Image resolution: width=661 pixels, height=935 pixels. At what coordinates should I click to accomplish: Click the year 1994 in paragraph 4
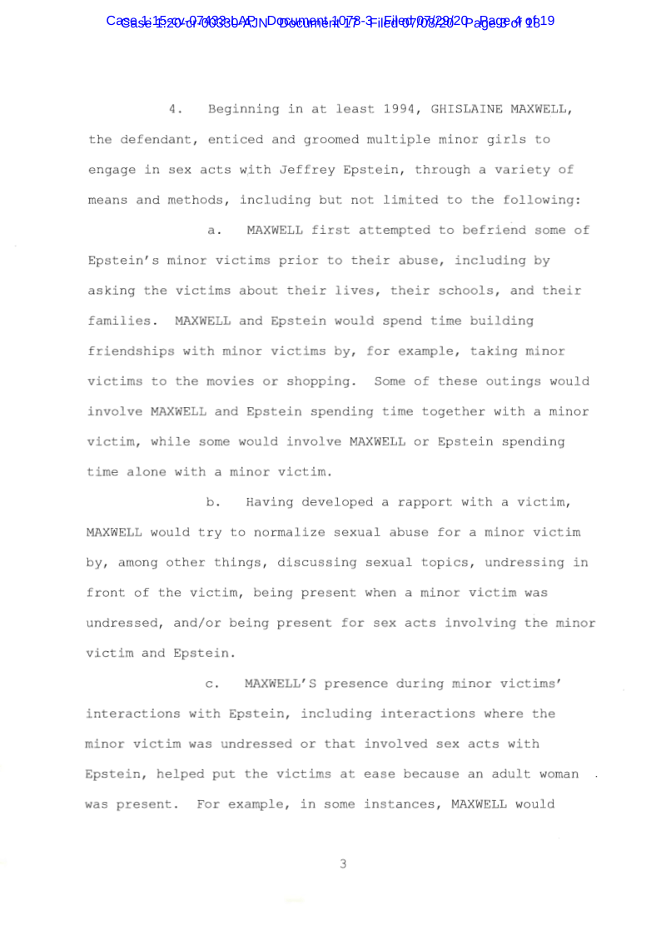click(x=400, y=110)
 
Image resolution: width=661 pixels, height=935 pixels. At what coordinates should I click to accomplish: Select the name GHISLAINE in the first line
click(x=465, y=110)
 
